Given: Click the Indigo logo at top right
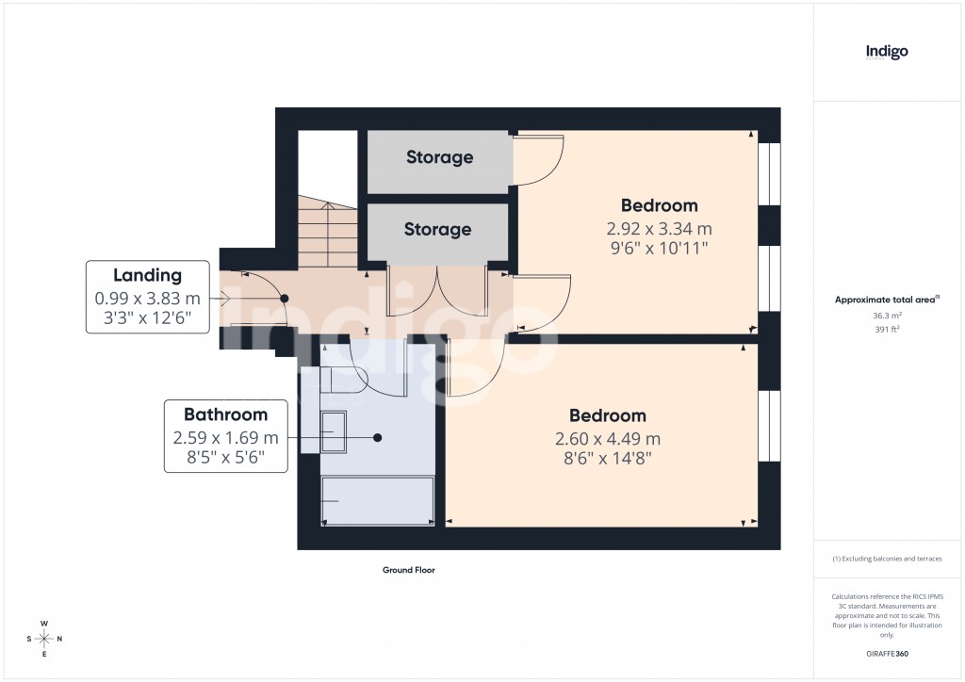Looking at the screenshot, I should [887, 52].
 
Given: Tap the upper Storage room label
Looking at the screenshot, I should [439, 157].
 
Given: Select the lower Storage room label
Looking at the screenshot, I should [437, 229].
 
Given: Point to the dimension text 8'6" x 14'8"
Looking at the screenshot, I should [607, 459].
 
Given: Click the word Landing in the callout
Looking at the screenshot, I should [147, 275].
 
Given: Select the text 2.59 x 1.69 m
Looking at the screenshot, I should [225, 437].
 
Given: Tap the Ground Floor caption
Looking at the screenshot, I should [408, 570].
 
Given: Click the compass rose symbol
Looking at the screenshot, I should [43, 639].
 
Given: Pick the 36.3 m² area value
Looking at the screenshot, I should [887, 316].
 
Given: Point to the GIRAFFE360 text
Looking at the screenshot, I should [887, 653].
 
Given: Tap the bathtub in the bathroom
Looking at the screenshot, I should [377, 500].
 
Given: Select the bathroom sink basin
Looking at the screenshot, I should [332, 432].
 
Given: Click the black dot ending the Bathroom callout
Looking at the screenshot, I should [377, 438].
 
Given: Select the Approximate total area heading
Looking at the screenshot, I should [887, 300].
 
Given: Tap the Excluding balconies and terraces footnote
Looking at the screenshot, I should [887, 559].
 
